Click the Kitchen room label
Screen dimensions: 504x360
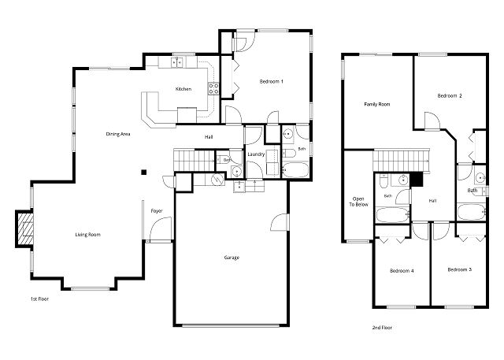(183, 89)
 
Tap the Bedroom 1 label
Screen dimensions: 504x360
(271, 82)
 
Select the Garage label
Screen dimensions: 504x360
(232, 258)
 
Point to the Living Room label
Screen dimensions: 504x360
(87, 235)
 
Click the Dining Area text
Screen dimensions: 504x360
(118, 134)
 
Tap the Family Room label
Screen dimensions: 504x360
(377, 105)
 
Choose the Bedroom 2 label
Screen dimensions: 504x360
(450, 96)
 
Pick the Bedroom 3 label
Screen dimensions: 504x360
(460, 269)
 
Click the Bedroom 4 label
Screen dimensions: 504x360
(402, 271)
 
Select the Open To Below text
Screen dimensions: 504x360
(358, 202)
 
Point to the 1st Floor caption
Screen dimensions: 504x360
(39, 299)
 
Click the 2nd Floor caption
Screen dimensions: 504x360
(382, 328)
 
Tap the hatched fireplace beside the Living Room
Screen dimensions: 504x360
(25, 228)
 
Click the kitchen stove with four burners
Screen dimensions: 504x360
(213, 89)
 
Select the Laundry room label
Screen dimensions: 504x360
(256, 154)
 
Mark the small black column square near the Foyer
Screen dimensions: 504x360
(144, 173)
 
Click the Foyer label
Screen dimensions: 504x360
(157, 211)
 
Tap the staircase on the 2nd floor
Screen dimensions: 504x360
(401, 160)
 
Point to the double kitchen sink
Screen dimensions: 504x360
(176, 61)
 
